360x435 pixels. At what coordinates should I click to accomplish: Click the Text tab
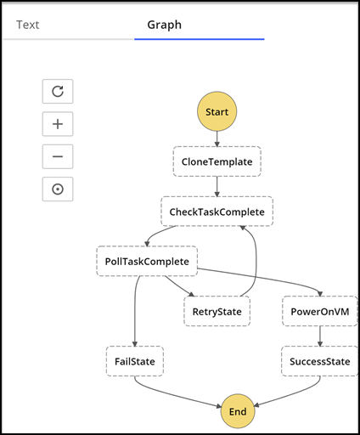coord(28,25)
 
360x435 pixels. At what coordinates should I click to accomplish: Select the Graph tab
coord(164,25)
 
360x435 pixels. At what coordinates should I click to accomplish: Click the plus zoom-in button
coord(58,124)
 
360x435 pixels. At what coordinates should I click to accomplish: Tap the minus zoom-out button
coord(58,156)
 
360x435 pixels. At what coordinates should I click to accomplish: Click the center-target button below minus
coord(58,189)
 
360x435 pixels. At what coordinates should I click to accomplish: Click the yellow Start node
coord(217,111)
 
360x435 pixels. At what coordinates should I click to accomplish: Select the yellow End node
coord(238,412)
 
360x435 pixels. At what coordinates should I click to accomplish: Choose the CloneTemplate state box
coord(217,161)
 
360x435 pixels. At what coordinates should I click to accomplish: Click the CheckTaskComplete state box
coord(217,211)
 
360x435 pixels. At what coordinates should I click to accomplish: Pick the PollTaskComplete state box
coord(146,261)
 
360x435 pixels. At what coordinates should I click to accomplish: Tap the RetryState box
coord(217,311)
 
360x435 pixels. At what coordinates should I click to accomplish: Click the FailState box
coord(134,361)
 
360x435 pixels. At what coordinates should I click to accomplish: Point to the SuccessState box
coord(319,361)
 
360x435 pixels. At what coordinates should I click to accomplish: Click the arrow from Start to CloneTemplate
coord(217,138)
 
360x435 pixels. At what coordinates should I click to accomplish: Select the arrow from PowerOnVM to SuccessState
coord(319,336)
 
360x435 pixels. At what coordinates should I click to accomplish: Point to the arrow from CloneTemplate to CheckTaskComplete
coord(217,185)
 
